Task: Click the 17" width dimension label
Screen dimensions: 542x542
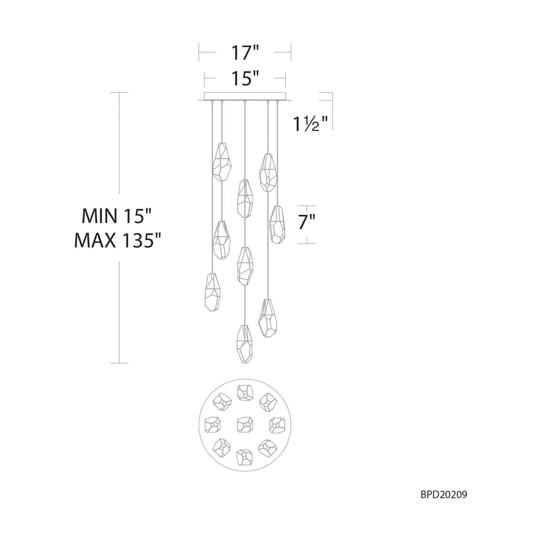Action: pos(244,53)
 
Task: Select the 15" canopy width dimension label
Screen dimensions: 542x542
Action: pos(244,79)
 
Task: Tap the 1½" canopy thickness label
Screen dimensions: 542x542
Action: pos(310,124)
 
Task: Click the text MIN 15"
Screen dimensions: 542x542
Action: pos(117,216)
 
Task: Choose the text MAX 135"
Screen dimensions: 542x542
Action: pos(118,241)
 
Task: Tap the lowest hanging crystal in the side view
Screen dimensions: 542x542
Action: pos(245,344)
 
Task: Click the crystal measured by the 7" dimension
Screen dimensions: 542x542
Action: pos(277,224)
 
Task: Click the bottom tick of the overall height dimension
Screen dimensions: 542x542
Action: pos(120,363)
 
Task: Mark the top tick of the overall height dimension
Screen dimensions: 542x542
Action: pos(120,93)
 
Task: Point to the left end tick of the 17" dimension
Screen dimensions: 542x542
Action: pos(199,52)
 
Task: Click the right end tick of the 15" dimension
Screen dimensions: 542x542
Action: pos(285,79)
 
